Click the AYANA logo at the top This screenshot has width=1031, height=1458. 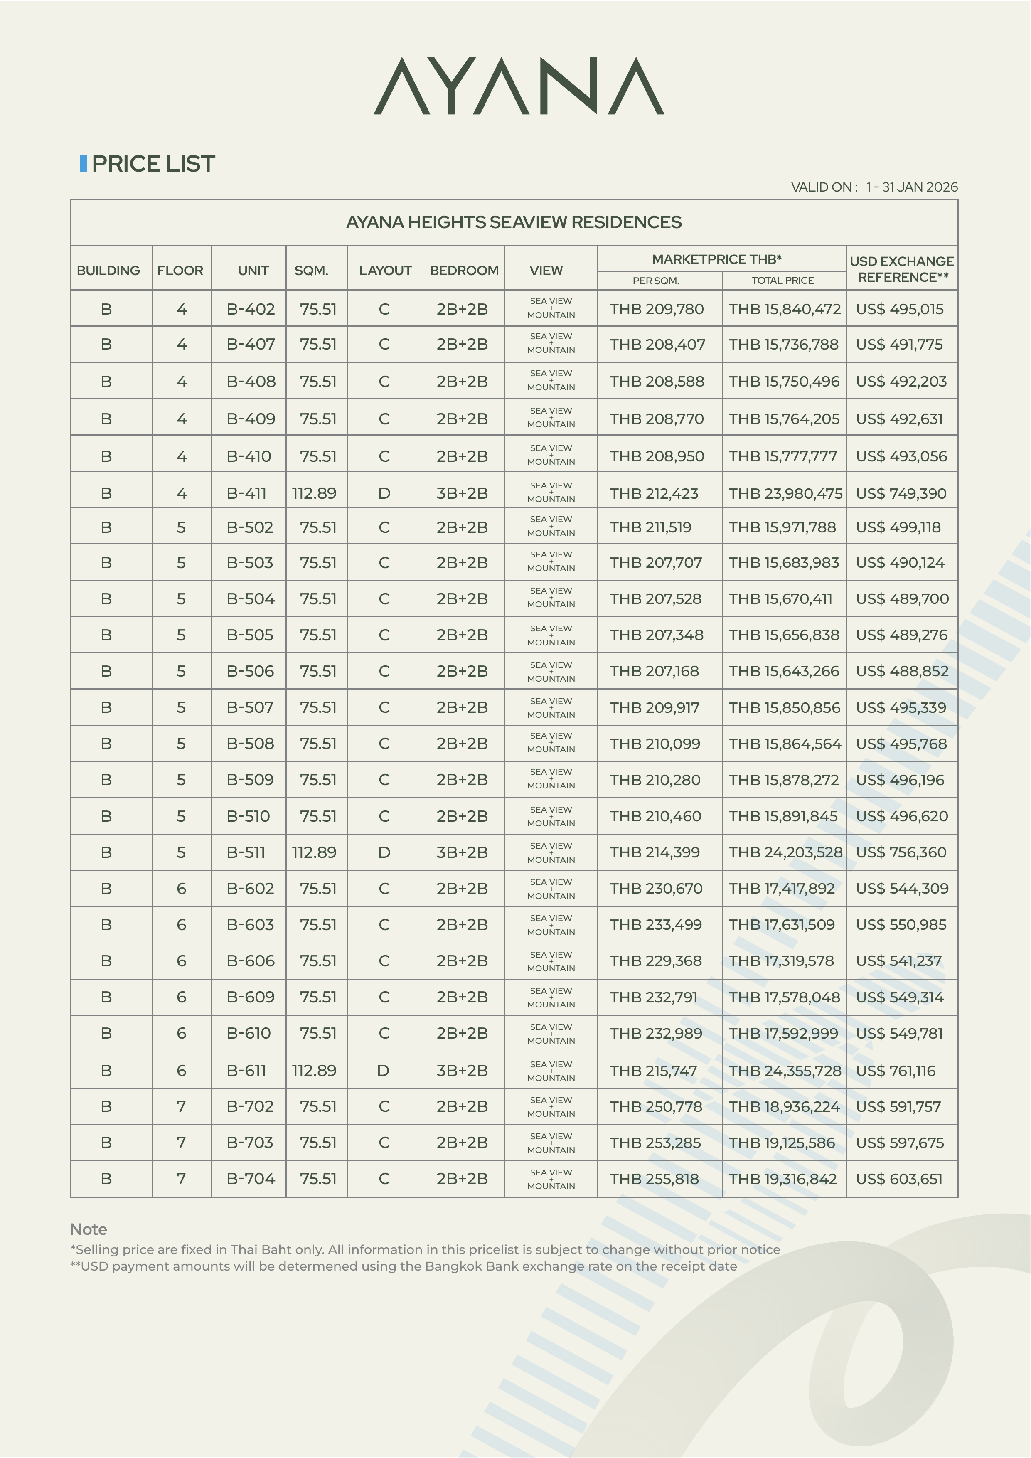(x=519, y=86)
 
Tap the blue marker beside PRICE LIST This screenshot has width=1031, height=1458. (x=83, y=163)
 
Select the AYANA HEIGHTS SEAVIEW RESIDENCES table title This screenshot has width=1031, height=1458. (x=514, y=222)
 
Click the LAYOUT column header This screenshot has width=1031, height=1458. (x=385, y=271)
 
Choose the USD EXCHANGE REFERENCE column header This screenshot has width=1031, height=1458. (x=901, y=269)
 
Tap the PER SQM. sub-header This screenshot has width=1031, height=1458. (x=656, y=281)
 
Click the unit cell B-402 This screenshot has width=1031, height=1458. (x=250, y=309)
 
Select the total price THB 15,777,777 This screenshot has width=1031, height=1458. (x=783, y=456)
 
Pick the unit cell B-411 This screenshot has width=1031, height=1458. (x=246, y=493)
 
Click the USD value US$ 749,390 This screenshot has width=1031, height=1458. (x=901, y=493)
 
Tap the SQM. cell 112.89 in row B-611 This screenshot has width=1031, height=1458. (x=314, y=1071)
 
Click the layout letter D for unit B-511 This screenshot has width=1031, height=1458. (x=384, y=852)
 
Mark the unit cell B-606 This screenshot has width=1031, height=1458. (x=250, y=961)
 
